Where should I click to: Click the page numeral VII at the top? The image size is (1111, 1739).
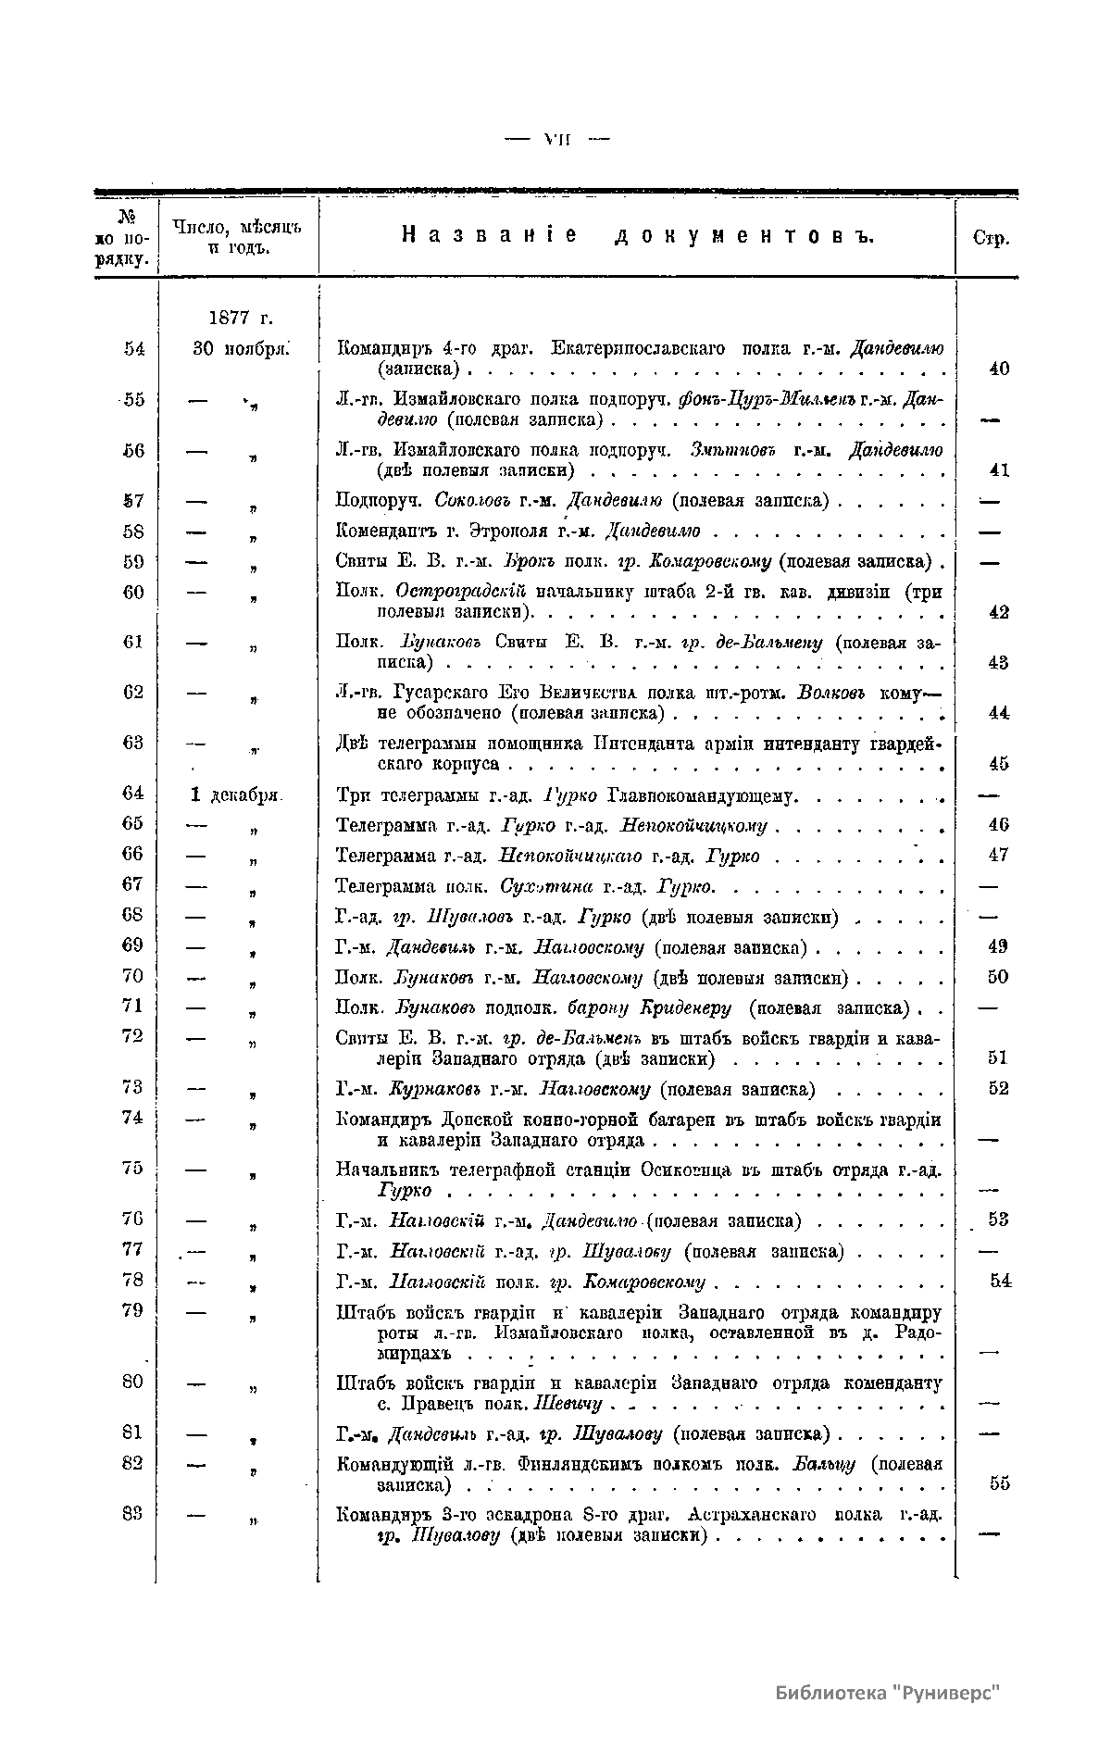point(557,139)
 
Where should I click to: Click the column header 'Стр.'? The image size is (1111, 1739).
point(992,238)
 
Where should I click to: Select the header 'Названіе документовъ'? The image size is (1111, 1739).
point(639,236)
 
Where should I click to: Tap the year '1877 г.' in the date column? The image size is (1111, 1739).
point(240,318)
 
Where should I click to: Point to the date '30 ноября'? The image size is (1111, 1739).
point(241,348)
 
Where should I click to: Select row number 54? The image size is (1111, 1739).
point(134,348)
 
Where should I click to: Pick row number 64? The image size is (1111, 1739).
point(133,794)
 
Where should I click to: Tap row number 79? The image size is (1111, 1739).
point(133,1310)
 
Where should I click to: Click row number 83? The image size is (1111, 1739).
point(133,1513)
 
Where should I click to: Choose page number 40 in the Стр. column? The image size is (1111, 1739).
point(998,369)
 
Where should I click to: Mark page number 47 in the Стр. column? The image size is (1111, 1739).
point(998,855)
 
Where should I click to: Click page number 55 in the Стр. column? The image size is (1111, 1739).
point(999,1483)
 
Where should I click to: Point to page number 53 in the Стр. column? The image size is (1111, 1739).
point(998,1220)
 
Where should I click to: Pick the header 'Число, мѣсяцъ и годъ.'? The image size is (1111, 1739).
point(238,237)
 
